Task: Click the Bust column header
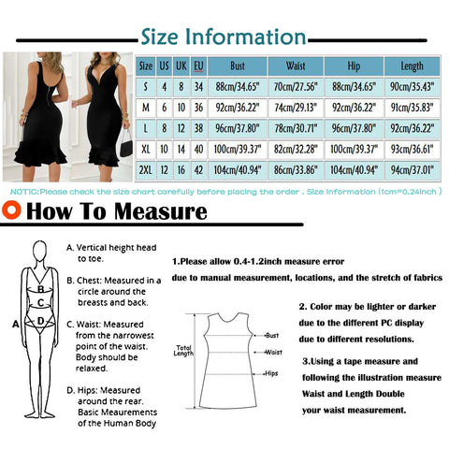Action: (x=239, y=66)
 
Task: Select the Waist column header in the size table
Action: (x=295, y=66)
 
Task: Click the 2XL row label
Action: (x=147, y=174)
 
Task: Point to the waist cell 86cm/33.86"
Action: (x=295, y=174)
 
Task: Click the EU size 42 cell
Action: (x=198, y=174)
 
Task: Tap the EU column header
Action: (x=198, y=66)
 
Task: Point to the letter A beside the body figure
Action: (x=15, y=324)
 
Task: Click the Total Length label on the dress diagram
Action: (x=183, y=352)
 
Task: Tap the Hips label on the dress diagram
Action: (x=271, y=372)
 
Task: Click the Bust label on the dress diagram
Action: (x=272, y=334)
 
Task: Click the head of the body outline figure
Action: (x=39, y=249)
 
